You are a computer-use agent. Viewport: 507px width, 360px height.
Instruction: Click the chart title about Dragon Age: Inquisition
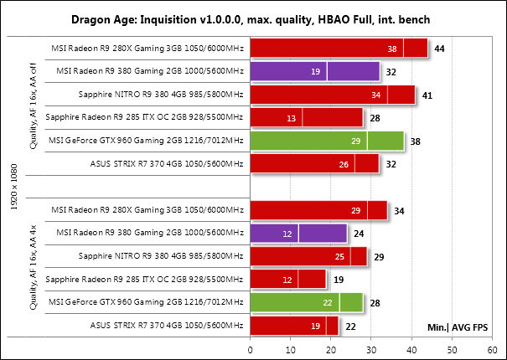point(253,17)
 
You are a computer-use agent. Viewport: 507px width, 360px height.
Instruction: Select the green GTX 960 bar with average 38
point(327,141)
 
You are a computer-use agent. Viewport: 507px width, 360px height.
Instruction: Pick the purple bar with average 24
point(298,234)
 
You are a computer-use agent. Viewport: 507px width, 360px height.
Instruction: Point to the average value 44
point(440,49)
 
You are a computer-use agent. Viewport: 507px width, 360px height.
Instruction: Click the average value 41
point(427,95)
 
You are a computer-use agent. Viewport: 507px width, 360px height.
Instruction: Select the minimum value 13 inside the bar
point(290,119)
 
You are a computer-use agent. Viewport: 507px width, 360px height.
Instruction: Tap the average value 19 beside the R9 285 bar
point(339,280)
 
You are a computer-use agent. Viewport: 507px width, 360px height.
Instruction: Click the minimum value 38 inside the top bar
point(392,50)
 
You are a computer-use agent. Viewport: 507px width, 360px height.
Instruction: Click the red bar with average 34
point(318,210)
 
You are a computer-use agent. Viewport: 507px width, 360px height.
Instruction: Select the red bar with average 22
point(293,325)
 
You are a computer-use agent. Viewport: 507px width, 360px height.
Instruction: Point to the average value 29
point(379,256)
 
